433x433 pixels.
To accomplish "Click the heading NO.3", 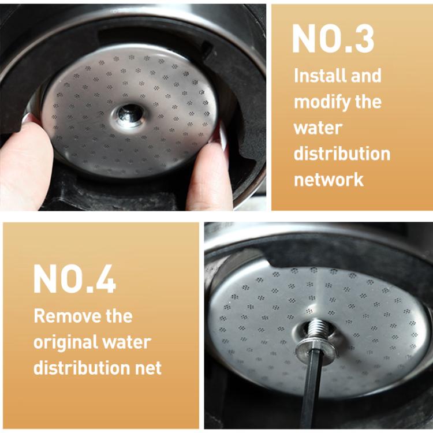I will tap(333, 39).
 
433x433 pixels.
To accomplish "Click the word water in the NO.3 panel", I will tap(318, 128).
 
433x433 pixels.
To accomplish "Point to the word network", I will tap(329, 179).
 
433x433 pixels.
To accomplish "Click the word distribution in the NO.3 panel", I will tap(342, 154).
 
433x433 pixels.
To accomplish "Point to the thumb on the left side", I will tap(26, 162).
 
